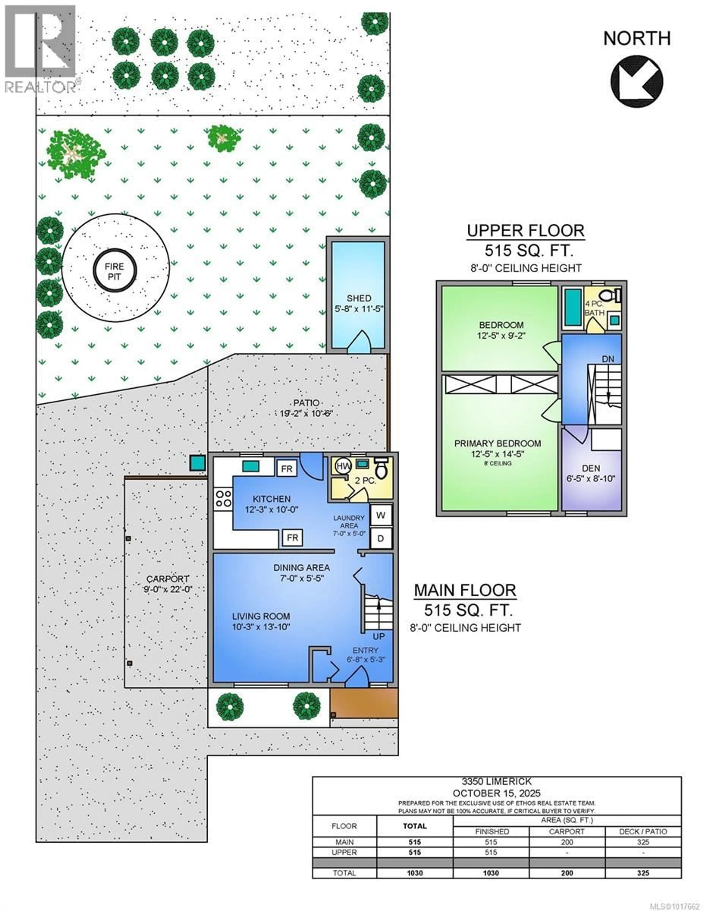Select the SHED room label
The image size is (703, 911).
359,298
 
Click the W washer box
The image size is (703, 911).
380,515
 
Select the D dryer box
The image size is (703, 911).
380,538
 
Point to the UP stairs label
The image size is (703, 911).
378,636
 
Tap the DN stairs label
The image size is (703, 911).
608,359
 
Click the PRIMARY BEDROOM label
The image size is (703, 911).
498,443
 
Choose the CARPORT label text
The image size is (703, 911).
168,579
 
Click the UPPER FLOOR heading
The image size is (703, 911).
525,231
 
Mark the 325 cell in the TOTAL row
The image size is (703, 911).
643,873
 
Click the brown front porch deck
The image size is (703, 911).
364,703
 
